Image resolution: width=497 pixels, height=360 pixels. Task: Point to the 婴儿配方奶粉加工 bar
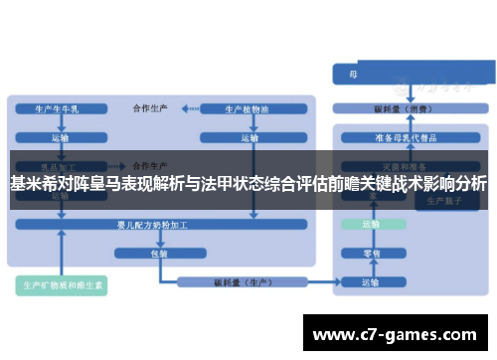[x=159, y=226]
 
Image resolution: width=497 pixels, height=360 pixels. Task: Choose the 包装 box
[x=159, y=254]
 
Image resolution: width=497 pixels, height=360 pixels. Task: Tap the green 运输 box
[x=370, y=225]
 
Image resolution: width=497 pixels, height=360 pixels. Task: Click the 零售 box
[x=370, y=254]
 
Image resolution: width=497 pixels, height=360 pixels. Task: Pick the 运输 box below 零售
[x=370, y=284]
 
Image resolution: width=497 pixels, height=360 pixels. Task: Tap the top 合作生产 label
[x=151, y=107]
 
